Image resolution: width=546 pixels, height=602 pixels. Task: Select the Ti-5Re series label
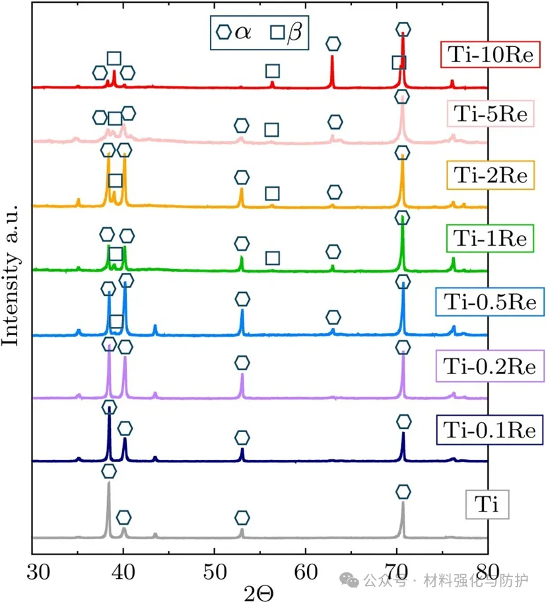pos(488,114)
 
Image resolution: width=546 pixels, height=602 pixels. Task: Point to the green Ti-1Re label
pos(488,238)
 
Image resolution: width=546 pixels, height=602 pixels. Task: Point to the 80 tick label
pos(487,569)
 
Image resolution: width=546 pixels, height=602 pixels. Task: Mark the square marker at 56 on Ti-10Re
pos(272,71)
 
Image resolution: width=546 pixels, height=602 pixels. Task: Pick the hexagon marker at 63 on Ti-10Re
pos(333,44)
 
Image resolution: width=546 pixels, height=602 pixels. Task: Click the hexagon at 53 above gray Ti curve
pos(242,517)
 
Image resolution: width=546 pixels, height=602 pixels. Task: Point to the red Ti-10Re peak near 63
pos(332,63)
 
